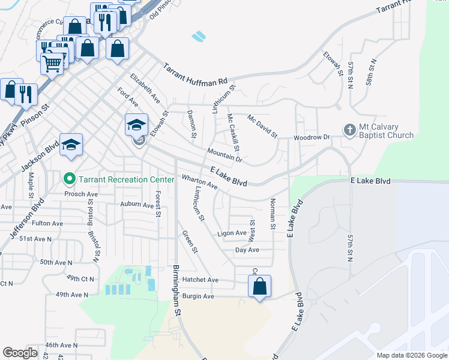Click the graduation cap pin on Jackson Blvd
coord(71,145)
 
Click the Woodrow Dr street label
coord(312,138)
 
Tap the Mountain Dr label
coord(224,155)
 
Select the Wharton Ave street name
coord(199,182)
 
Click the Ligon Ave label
coord(232,233)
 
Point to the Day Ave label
coord(247,250)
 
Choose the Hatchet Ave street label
coord(200,280)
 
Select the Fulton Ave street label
coord(47,223)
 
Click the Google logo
coord(20,353)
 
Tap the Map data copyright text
coord(411,355)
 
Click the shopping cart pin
coord(52,62)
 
